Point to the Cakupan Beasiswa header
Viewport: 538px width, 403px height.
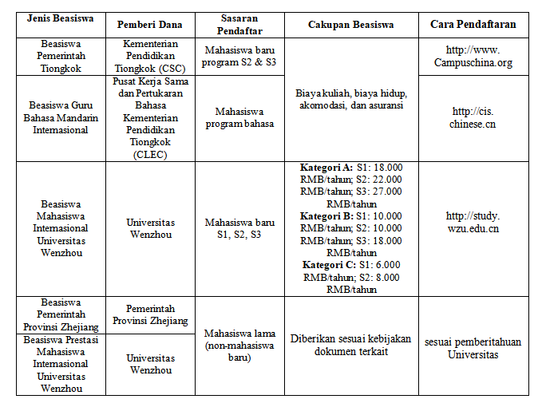point(351,25)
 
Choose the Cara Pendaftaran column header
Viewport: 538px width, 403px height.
point(473,25)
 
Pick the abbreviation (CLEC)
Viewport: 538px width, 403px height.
point(151,155)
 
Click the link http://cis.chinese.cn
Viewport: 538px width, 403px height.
point(473,117)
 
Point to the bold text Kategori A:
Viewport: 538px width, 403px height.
point(326,168)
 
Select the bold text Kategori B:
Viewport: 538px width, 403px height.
point(326,216)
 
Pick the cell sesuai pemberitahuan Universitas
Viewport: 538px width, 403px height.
point(473,348)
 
